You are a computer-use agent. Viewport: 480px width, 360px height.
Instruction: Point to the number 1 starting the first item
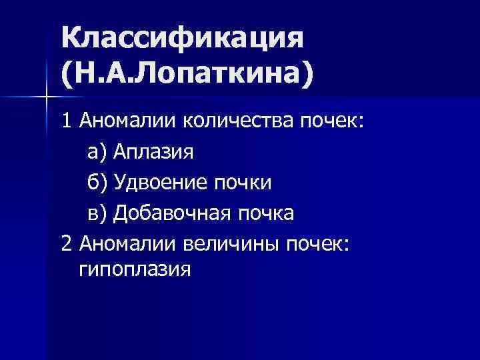click(66, 121)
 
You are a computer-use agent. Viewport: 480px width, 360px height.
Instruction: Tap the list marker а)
click(98, 152)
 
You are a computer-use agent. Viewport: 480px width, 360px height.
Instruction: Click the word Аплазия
click(153, 152)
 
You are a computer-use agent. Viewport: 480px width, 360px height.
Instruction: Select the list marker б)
click(98, 182)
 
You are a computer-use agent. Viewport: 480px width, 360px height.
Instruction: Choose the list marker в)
click(98, 213)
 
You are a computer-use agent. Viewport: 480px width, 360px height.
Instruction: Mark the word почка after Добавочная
click(265, 213)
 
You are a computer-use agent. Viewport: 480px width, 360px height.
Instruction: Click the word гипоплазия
click(135, 270)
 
